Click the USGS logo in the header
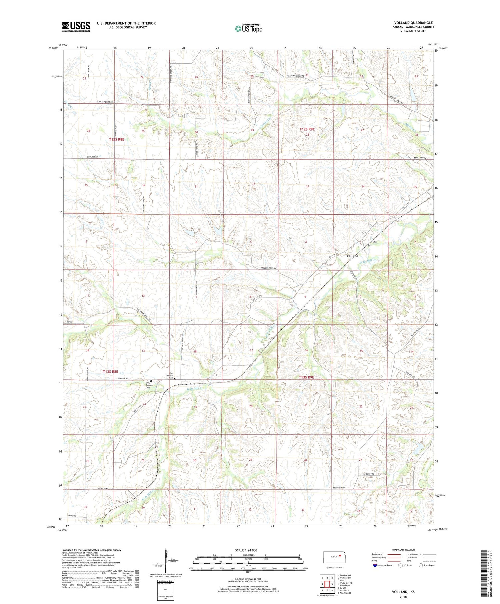pyautogui.click(x=76, y=27)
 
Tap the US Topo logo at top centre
pyautogui.click(x=248, y=29)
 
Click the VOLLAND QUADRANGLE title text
pyautogui.click(x=413, y=23)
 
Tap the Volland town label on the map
pyautogui.click(x=352, y=256)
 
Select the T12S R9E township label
pyautogui.click(x=307, y=129)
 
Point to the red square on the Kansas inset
pyautogui.click(x=340, y=555)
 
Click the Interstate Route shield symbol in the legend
pyautogui.click(x=375, y=565)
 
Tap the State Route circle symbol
pyautogui.click(x=421, y=565)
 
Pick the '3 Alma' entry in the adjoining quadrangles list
pyautogui.click(x=343, y=580)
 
